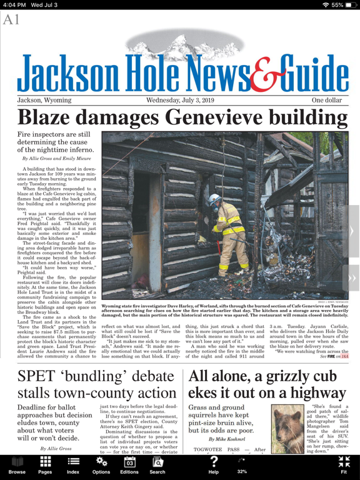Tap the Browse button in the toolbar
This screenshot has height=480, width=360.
[x=17, y=465]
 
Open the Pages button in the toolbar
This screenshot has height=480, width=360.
[x=45, y=465]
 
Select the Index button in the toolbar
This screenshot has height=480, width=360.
[x=73, y=465]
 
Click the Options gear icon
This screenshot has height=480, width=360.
[x=101, y=462]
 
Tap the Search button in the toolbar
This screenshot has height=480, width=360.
[x=157, y=465]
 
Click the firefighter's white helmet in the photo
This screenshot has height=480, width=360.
[x=214, y=200]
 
